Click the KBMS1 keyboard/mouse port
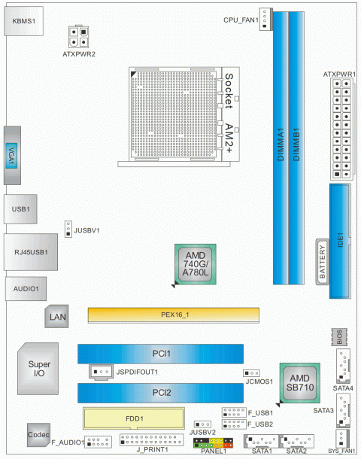(x=24, y=21)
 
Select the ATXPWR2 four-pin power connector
(x=79, y=37)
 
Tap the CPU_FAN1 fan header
(x=265, y=19)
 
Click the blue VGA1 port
(x=11, y=156)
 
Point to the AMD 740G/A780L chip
(x=196, y=264)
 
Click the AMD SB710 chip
(x=300, y=383)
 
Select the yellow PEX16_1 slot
(x=174, y=315)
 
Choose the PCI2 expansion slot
(x=161, y=393)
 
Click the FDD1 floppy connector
(x=134, y=418)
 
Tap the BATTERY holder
(x=322, y=262)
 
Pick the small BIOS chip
(x=339, y=337)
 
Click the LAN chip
(x=56, y=317)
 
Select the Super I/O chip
(x=38, y=369)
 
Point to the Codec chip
(x=38, y=435)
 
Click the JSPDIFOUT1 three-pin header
(x=102, y=372)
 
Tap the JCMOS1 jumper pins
(x=252, y=373)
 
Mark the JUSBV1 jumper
(x=68, y=229)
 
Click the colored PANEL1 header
(x=214, y=443)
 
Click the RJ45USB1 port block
(x=31, y=252)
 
